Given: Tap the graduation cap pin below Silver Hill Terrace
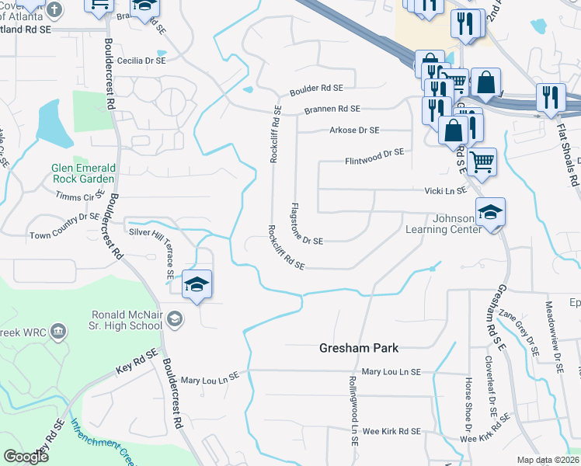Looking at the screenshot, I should pos(197,284).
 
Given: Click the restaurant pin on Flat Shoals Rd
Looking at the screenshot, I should pos(551,97).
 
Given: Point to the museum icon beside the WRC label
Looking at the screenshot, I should pos(57,333).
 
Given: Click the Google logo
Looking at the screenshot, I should pos(26,456).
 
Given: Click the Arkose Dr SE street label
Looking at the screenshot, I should pos(354,130).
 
